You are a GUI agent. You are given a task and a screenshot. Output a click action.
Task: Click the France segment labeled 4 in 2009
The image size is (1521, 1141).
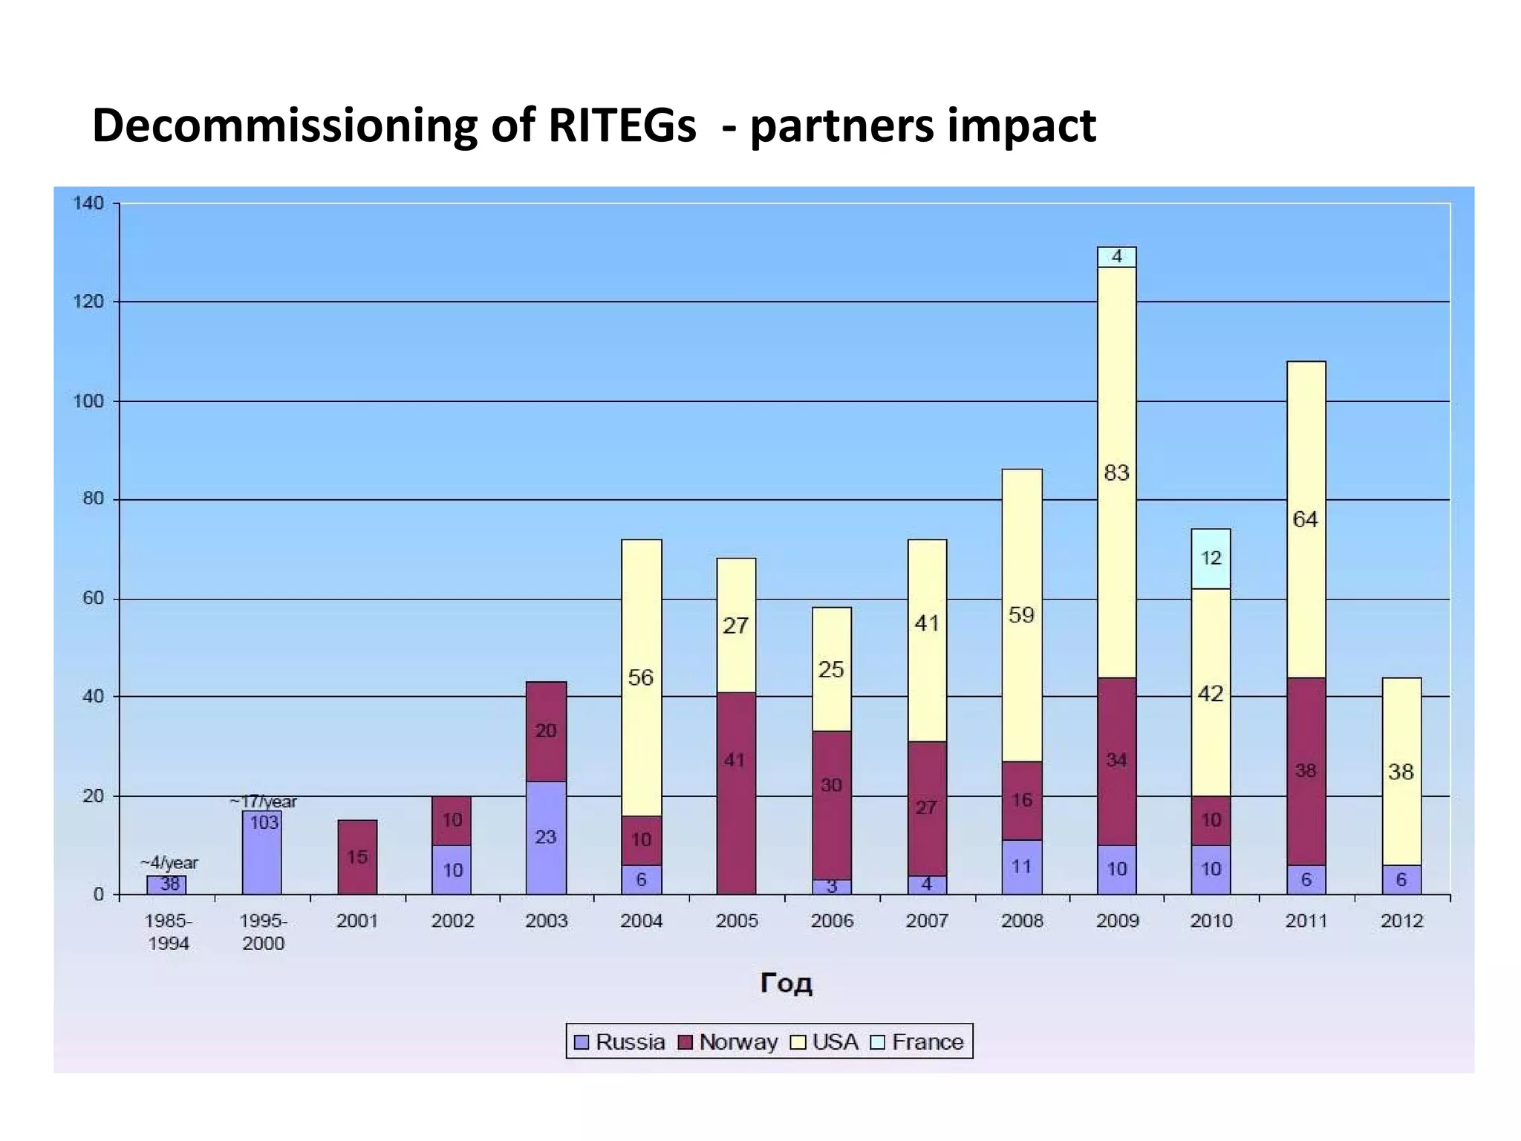(x=1116, y=257)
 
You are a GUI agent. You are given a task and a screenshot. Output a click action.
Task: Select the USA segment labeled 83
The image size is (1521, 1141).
(x=1116, y=472)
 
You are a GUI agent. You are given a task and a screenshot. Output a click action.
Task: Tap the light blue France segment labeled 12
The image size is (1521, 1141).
(x=1211, y=559)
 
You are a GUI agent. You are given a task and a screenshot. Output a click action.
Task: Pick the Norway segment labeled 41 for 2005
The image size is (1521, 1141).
(x=735, y=793)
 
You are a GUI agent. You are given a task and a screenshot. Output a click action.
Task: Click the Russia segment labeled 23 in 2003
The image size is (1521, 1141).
(x=546, y=837)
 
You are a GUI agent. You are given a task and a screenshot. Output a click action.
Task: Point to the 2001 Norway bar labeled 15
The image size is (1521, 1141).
(x=357, y=857)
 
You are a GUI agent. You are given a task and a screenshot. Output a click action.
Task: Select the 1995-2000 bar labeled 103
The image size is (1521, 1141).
(x=262, y=853)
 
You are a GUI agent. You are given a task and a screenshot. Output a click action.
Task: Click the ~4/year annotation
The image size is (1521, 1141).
(x=169, y=863)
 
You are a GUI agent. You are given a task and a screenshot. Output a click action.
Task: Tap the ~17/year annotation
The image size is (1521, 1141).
(x=263, y=802)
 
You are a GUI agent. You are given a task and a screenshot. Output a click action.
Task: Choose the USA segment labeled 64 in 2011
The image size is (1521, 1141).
(x=1305, y=519)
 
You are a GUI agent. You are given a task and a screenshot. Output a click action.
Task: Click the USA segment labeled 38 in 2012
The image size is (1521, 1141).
(x=1401, y=772)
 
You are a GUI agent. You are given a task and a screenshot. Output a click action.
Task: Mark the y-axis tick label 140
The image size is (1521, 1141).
(x=88, y=204)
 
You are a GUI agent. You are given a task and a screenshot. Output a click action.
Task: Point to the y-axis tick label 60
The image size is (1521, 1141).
(x=93, y=599)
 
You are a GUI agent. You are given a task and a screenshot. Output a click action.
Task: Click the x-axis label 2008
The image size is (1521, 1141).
(x=1022, y=921)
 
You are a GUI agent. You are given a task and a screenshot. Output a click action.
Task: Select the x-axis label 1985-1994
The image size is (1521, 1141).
(x=169, y=932)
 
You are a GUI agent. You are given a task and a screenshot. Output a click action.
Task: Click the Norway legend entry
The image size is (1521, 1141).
(x=729, y=1042)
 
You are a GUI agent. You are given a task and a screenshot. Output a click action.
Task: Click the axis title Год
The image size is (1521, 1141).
(x=786, y=984)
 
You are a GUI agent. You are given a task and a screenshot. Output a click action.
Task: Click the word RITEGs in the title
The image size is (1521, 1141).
(x=622, y=126)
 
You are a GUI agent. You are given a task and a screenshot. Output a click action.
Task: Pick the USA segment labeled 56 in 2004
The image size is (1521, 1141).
(x=641, y=677)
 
